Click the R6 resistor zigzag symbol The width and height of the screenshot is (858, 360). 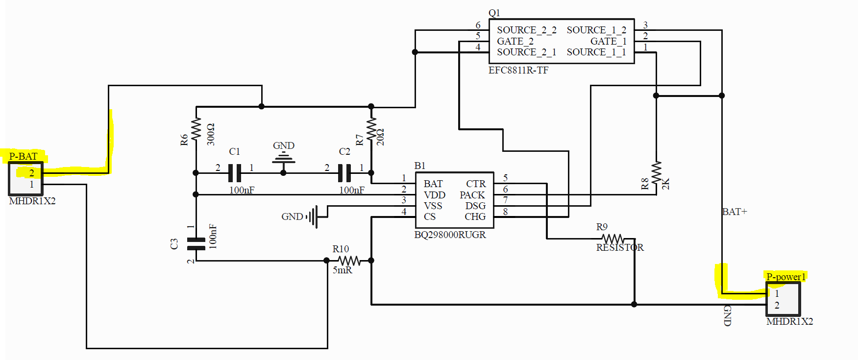(196, 129)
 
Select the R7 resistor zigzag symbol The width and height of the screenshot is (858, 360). (371, 129)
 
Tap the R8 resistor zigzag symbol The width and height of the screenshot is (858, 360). (656, 172)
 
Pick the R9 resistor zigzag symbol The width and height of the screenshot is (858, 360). (613, 239)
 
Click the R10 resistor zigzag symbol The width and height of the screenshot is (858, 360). (349, 261)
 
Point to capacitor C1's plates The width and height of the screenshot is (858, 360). (235, 173)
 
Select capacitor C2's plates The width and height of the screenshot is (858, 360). (345, 173)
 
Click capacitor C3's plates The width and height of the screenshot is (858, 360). (196, 244)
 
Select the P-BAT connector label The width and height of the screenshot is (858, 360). (23, 156)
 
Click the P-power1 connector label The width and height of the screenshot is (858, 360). (786, 277)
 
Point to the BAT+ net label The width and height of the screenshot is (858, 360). (735, 212)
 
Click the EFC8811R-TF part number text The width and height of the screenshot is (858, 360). (518, 70)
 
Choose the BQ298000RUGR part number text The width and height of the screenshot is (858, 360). (450, 235)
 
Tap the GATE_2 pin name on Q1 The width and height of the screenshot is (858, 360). (515, 41)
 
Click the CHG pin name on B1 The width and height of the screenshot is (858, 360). (475, 216)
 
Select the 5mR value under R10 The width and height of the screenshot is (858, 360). (343, 270)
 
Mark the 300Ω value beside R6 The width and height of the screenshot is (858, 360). (211, 134)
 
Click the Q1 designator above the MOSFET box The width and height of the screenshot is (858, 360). (494, 13)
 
